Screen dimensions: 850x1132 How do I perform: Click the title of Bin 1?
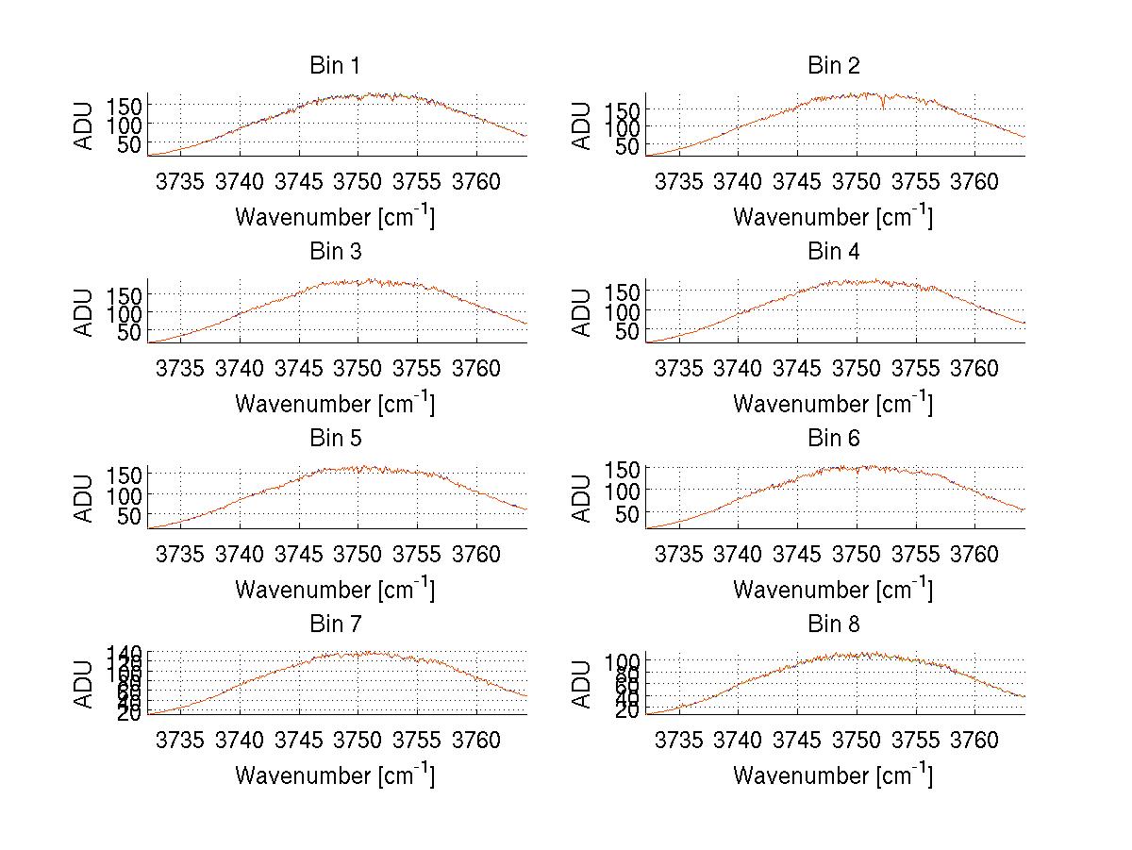(x=335, y=66)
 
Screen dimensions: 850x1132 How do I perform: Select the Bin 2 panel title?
(x=833, y=66)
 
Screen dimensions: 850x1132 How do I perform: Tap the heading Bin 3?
(x=335, y=252)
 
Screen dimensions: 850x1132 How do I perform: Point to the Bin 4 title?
(x=833, y=252)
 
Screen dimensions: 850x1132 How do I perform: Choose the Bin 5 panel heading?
(x=335, y=439)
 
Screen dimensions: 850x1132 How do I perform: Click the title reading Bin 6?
(x=833, y=439)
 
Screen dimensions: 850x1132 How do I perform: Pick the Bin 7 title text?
(x=335, y=625)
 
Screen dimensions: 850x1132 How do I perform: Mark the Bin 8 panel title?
(x=833, y=625)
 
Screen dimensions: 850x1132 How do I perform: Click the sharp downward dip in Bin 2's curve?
(x=883, y=107)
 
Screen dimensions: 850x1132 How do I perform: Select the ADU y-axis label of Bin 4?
(x=582, y=311)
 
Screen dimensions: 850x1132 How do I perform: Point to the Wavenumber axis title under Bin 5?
(x=335, y=590)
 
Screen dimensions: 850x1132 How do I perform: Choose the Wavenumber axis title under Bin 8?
(x=833, y=775)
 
